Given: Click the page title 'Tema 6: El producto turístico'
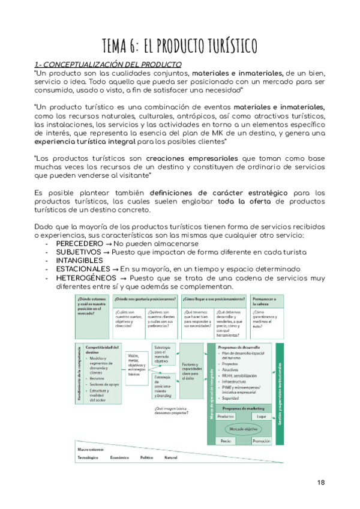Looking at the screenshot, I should (x=180, y=45).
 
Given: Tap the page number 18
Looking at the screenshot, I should (x=321, y=483).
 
